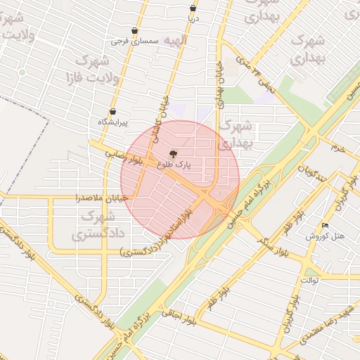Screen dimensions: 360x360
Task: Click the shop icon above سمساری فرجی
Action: click(134, 31)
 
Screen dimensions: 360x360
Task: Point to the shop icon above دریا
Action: click(193, 8)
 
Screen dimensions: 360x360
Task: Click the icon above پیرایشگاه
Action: click(112, 111)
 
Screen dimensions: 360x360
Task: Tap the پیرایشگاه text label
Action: click(112, 122)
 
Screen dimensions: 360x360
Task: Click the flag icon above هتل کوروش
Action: click(325, 225)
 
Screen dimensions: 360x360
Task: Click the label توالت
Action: click(310, 280)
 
